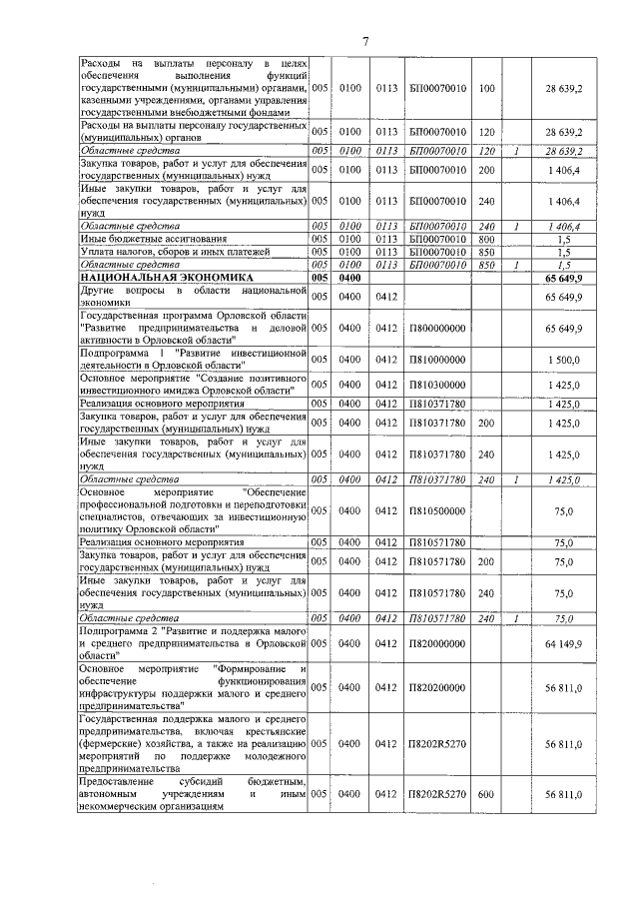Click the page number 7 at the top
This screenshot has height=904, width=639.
(365, 41)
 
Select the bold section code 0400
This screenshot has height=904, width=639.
(349, 277)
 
